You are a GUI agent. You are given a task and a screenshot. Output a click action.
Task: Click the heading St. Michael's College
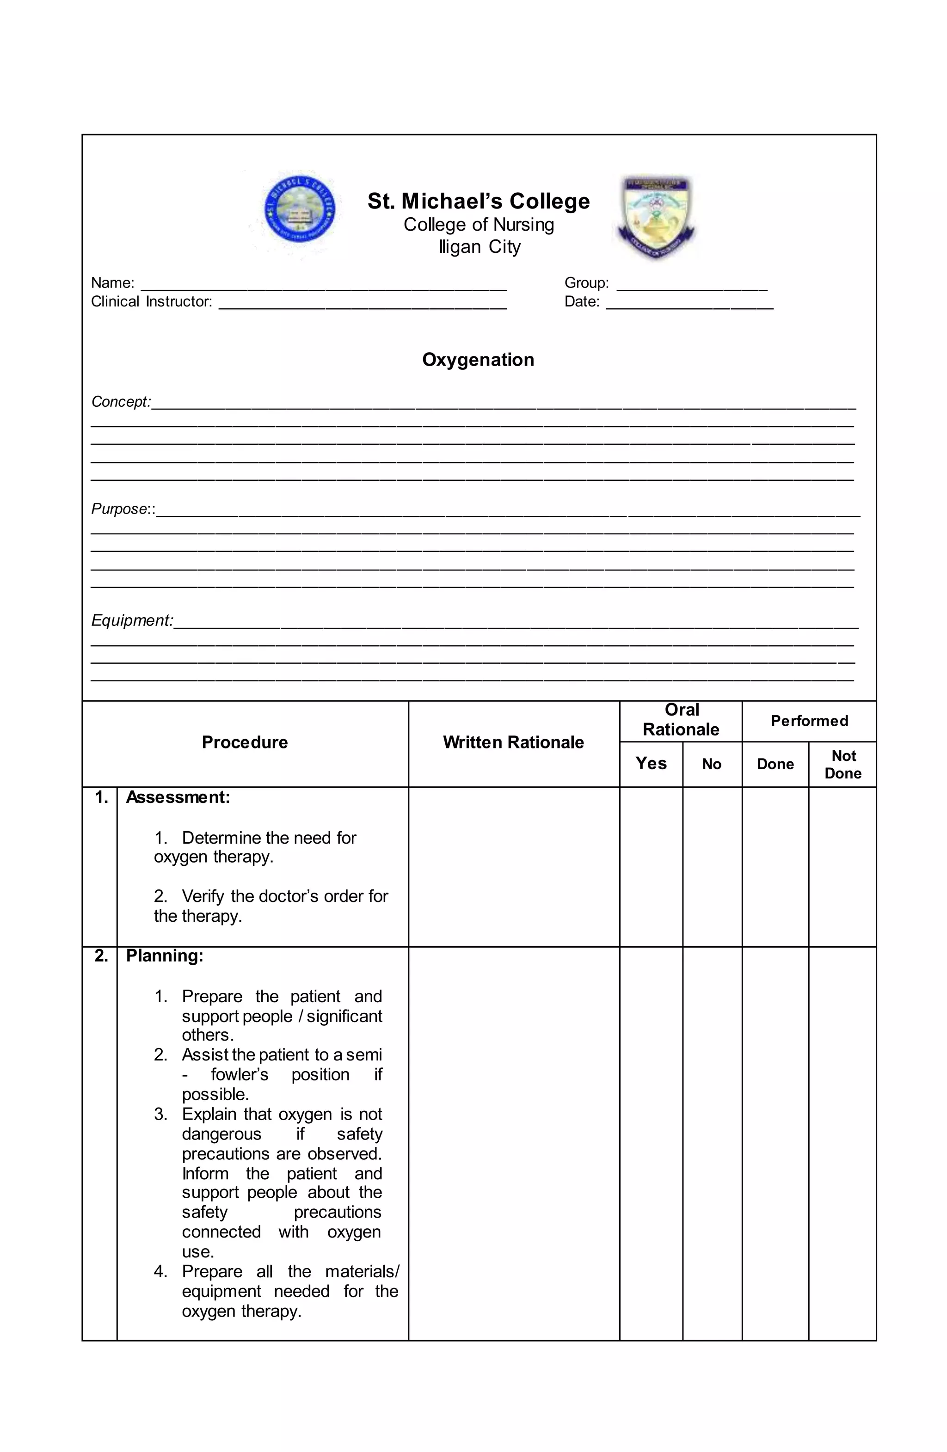click(x=479, y=202)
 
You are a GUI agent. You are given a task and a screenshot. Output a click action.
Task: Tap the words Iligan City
click(x=480, y=247)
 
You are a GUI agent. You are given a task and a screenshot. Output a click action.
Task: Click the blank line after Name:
click(x=323, y=285)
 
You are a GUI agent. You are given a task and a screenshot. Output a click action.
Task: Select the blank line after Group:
click(x=691, y=285)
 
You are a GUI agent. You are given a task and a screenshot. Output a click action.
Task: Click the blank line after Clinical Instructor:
click(x=363, y=304)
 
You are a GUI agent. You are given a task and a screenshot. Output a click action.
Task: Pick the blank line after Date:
click(x=689, y=304)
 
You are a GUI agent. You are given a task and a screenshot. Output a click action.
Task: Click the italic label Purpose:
click(x=120, y=509)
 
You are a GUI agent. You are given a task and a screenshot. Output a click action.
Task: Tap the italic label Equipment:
click(x=132, y=620)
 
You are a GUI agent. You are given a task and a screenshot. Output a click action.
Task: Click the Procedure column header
click(x=245, y=742)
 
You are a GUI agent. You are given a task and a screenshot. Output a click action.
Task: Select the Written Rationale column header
click(x=513, y=742)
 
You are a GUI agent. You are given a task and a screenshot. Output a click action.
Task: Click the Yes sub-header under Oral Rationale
click(x=651, y=764)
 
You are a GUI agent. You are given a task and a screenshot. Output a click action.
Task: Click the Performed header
click(x=809, y=721)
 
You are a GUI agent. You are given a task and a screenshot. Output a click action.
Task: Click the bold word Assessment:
click(x=178, y=798)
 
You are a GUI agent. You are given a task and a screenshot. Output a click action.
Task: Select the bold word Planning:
click(x=164, y=956)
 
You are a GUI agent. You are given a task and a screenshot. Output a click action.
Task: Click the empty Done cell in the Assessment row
click(x=775, y=866)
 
